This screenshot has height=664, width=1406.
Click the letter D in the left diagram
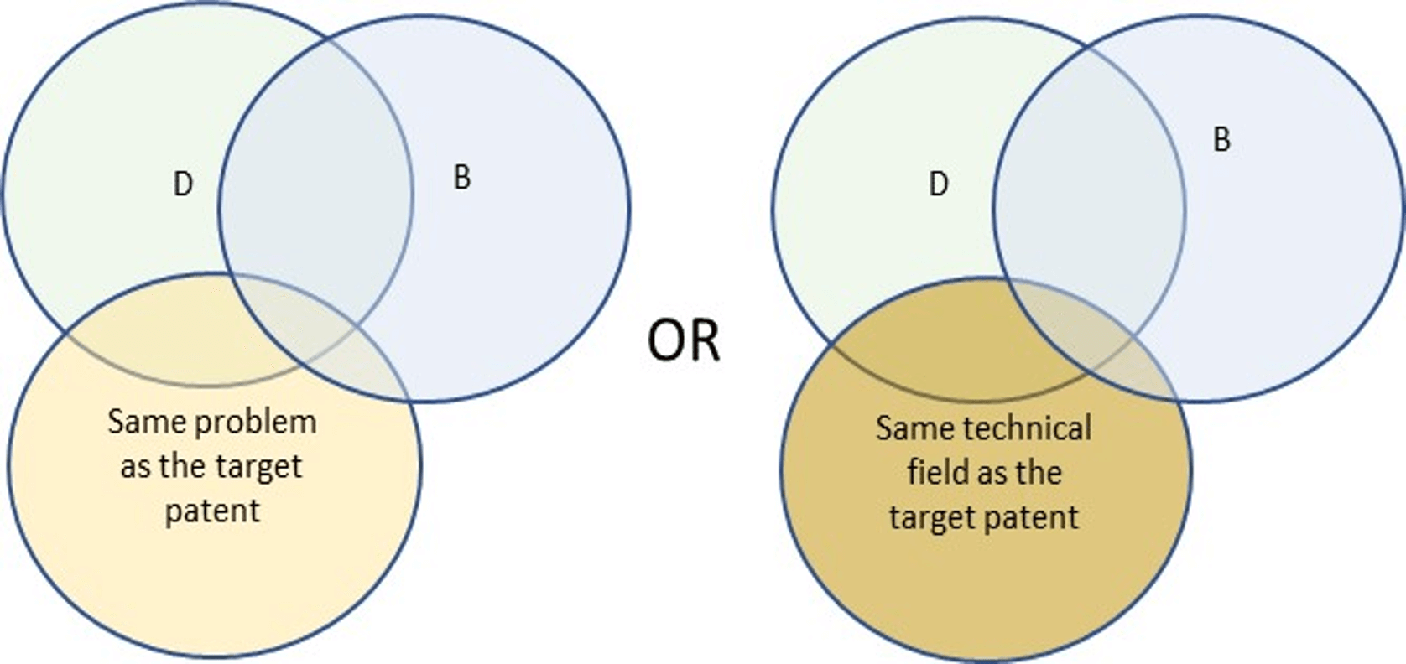183,184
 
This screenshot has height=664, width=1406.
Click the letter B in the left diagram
462,178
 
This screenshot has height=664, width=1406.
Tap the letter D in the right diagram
939,184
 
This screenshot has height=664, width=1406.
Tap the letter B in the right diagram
1221,139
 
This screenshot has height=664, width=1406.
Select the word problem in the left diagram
256,423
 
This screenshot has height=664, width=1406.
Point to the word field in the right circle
934,472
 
